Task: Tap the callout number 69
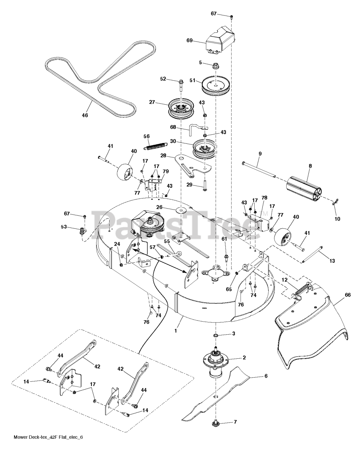[x=190, y=41]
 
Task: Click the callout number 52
[x=163, y=79]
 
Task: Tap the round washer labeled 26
[x=181, y=210]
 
